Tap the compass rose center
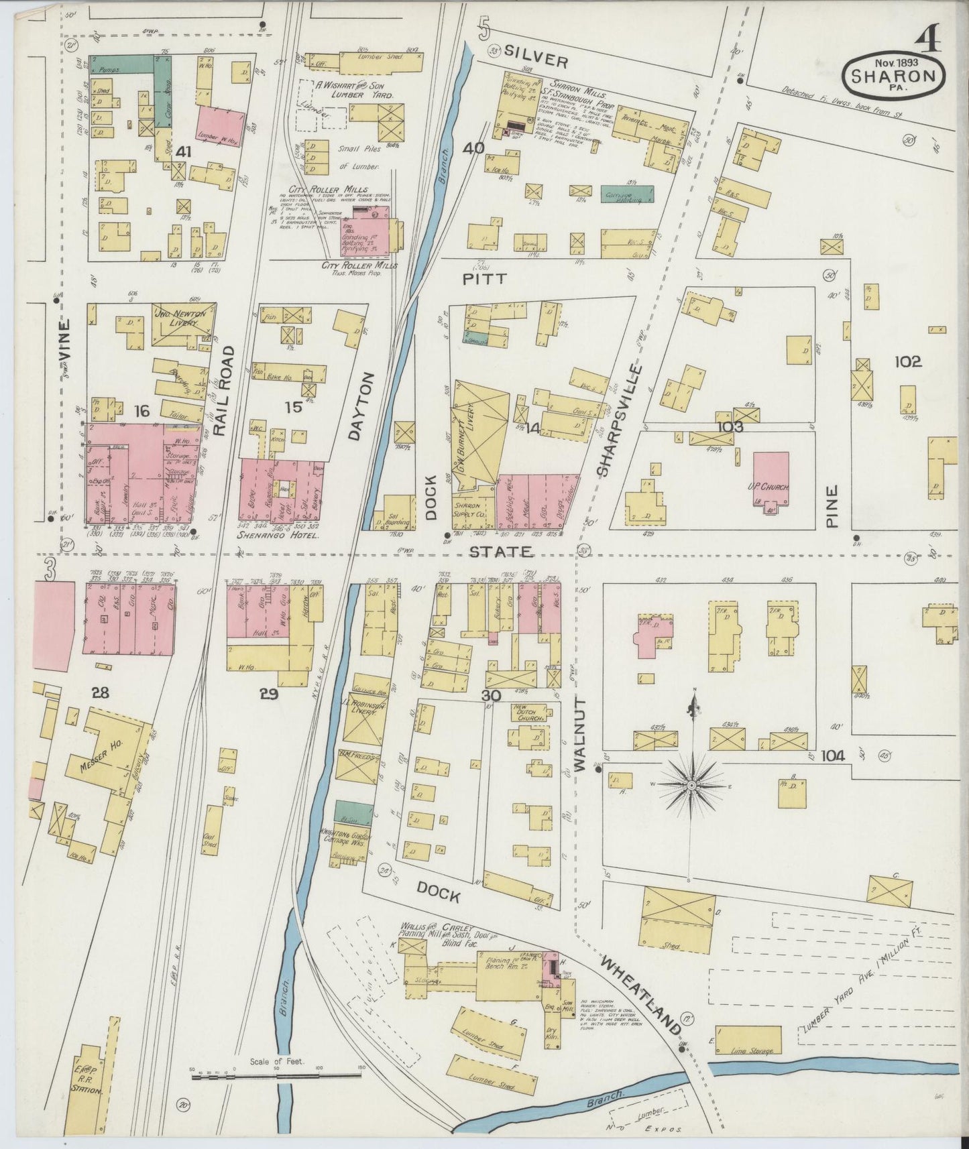691,784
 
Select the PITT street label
485,279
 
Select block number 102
907,362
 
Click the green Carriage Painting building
627,193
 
